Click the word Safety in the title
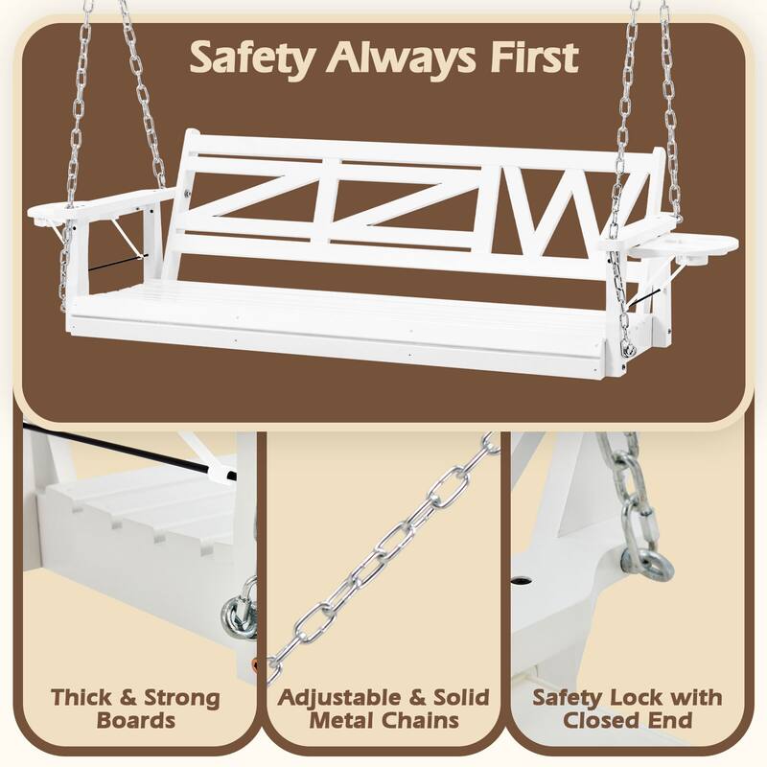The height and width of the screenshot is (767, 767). pos(251,57)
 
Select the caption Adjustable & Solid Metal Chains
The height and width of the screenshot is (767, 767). pos(383,708)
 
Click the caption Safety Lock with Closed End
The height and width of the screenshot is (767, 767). pos(627,708)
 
